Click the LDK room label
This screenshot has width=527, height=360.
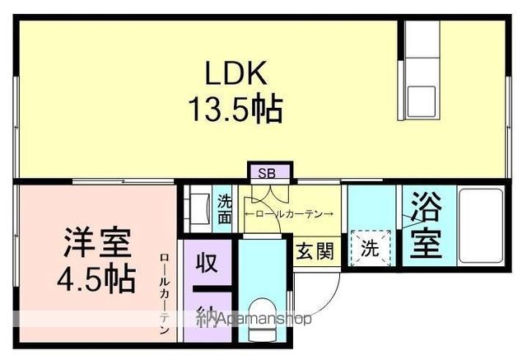(x=236, y=73)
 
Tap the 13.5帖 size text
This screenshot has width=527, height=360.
(x=236, y=108)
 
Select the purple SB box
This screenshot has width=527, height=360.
(x=268, y=173)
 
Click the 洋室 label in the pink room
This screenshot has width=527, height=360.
(x=97, y=245)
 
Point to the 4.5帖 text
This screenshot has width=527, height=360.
(x=97, y=280)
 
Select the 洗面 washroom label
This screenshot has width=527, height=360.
(x=225, y=209)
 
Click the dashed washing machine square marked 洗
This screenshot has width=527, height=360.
(x=371, y=249)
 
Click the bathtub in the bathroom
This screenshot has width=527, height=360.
(x=481, y=227)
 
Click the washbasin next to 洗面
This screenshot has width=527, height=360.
(x=199, y=209)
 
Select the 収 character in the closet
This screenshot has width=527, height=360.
(x=207, y=264)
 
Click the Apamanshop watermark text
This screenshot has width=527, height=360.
(x=262, y=319)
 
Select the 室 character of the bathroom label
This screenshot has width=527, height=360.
(x=424, y=244)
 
